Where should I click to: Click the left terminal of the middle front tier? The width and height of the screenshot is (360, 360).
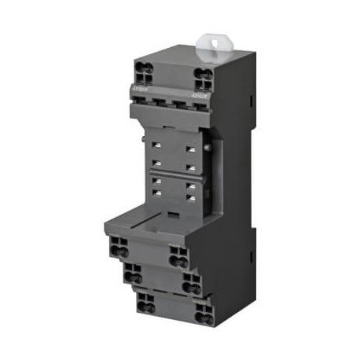[132, 273]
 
